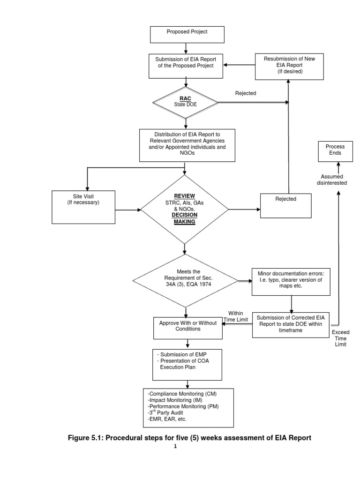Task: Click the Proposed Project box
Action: pyautogui.click(x=187, y=34)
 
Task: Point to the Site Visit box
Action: pyautogui.click(x=83, y=206)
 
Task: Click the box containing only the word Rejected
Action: pyautogui.click(x=285, y=205)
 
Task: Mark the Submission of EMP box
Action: pyautogui.click(x=186, y=364)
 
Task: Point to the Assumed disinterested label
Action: pyautogui.click(x=334, y=180)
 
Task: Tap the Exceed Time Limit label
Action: pyautogui.click(x=341, y=338)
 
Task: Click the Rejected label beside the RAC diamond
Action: pyautogui.click(x=246, y=93)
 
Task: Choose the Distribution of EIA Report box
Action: pyautogui.click(x=187, y=143)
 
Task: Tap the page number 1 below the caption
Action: pyautogui.click(x=175, y=447)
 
